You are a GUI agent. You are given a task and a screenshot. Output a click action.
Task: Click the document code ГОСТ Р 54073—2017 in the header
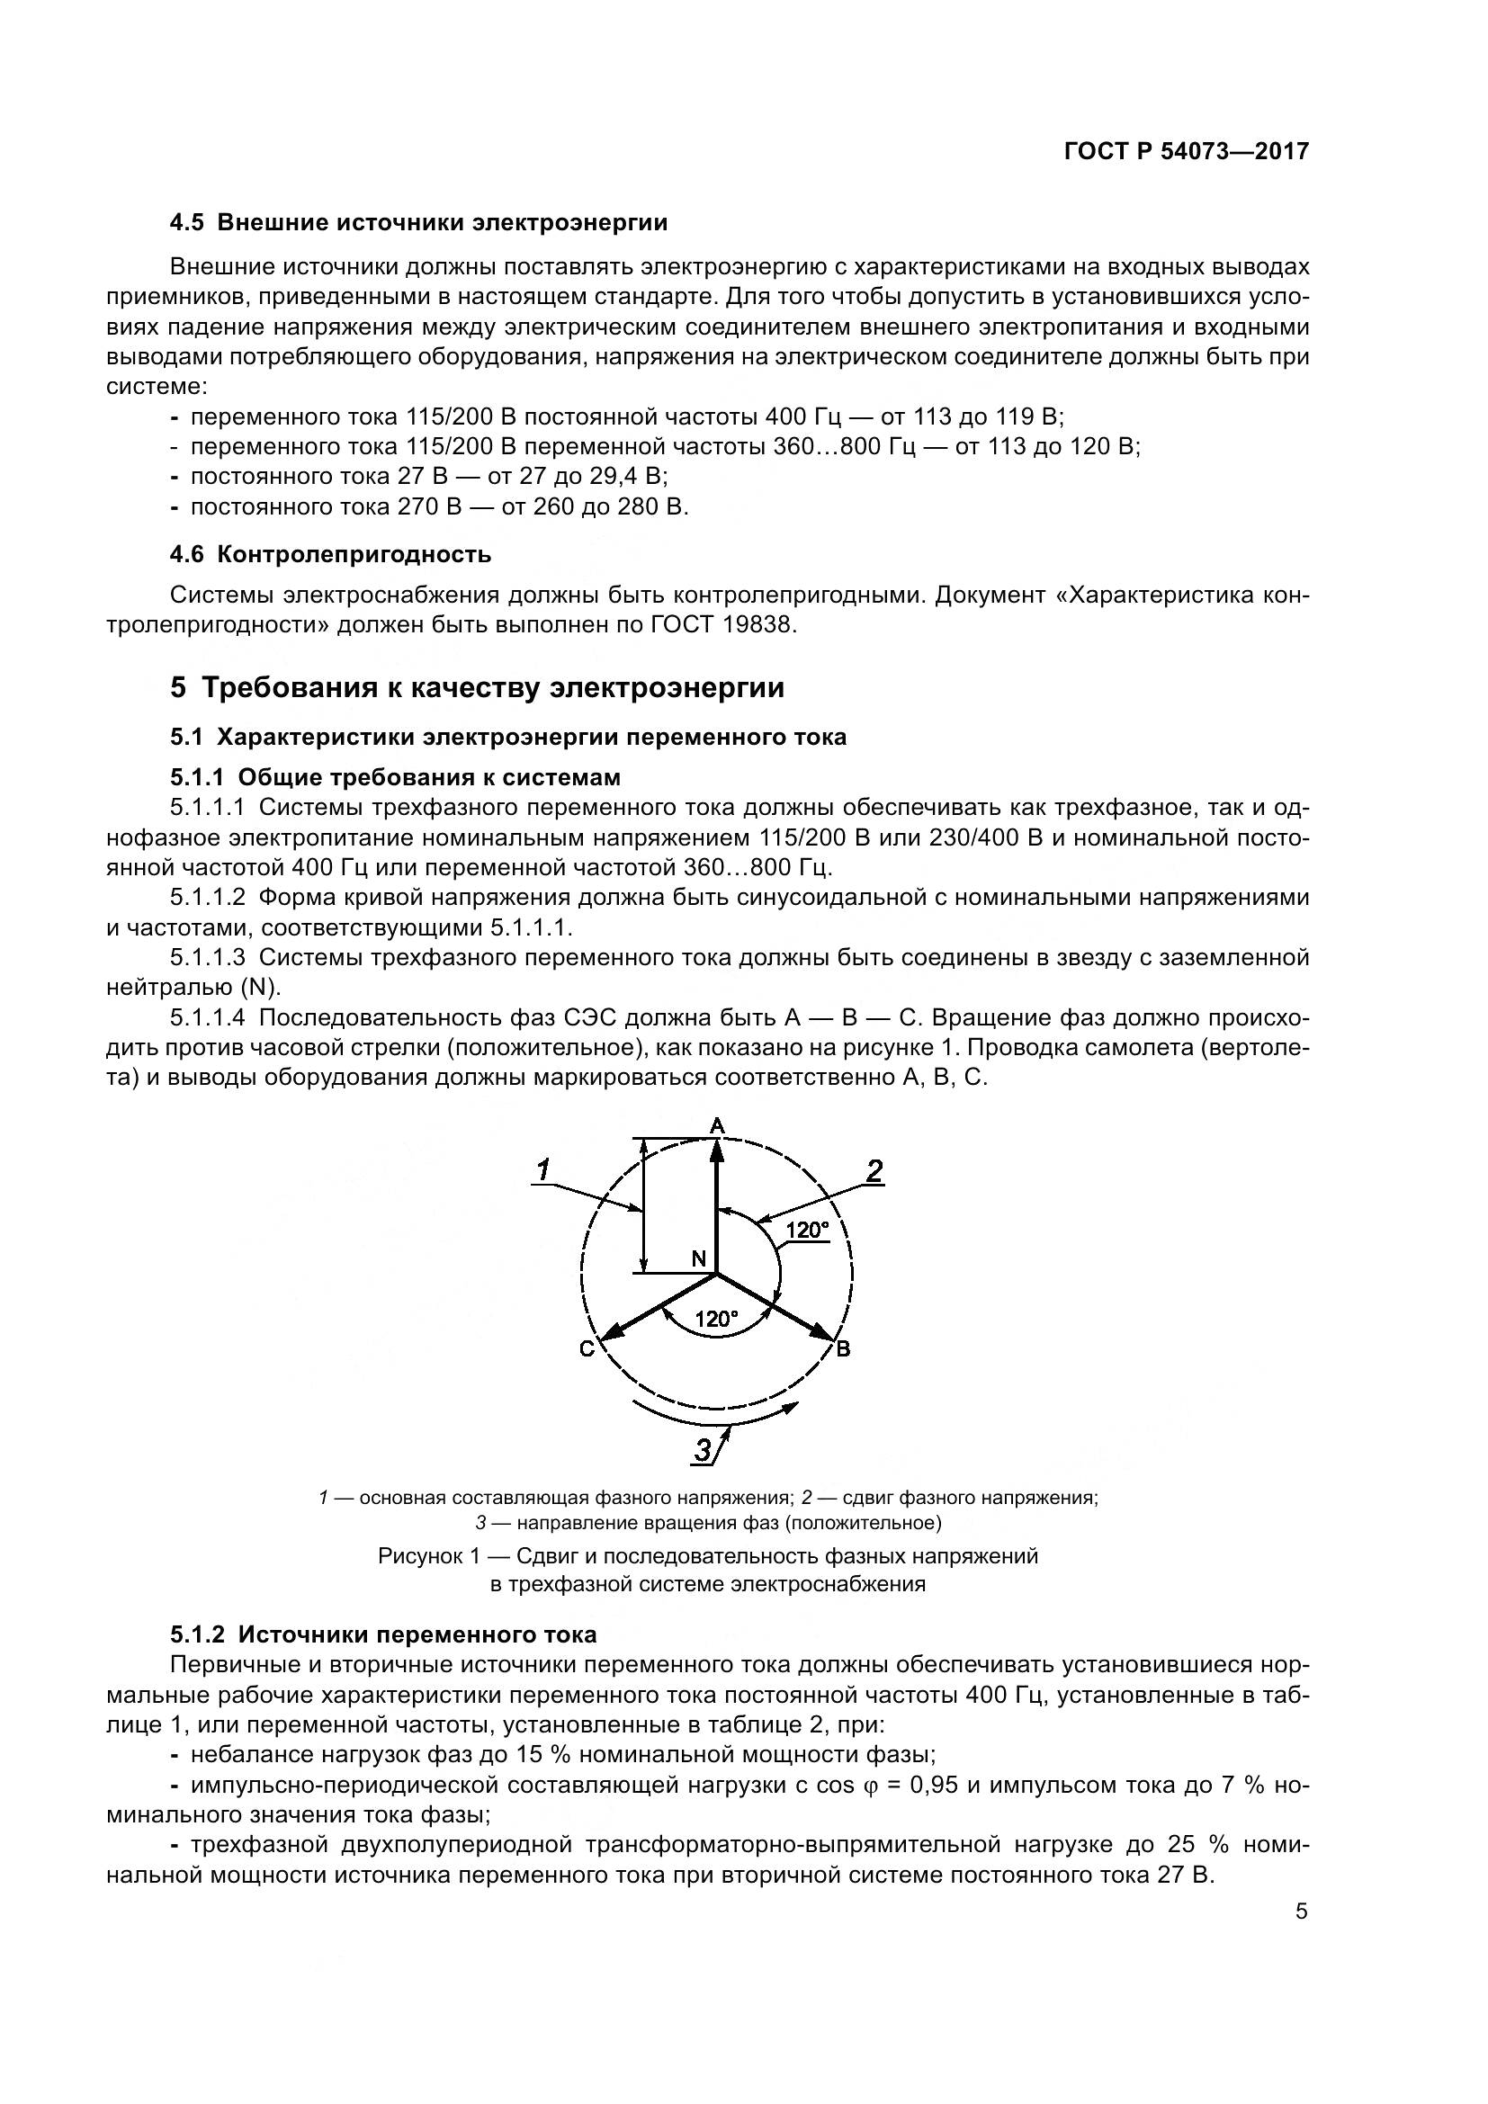[1186, 152]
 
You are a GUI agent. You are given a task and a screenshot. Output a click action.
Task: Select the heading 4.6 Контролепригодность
[331, 554]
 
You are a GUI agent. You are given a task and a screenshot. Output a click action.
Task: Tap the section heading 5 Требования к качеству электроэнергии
[477, 687]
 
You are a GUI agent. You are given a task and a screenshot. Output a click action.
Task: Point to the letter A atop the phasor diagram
[717, 1124]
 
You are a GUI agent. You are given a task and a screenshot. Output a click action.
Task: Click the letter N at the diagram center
[698, 1259]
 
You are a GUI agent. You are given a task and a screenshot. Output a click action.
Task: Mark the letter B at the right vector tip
[843, 1349]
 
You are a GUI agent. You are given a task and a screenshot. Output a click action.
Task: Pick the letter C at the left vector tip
[587, 1349]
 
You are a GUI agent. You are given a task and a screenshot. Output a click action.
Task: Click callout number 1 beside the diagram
[542, 1170]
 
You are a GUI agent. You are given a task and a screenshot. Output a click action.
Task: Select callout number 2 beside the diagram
[874, 1170]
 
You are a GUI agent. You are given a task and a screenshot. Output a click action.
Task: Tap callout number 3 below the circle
[703, 1450]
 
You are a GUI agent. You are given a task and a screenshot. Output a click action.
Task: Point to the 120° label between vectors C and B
[715, 1319]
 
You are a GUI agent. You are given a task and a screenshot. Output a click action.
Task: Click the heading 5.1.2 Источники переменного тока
[383, 1634]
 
